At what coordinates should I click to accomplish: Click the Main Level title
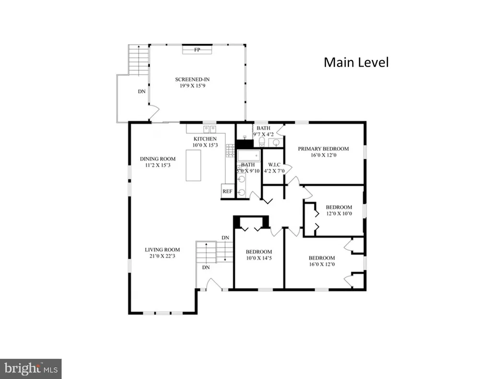pos(356,62)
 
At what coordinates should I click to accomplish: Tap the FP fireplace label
pos(197,50)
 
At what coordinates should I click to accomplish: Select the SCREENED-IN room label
pos(192,80)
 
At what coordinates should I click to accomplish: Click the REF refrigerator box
pos(227,191)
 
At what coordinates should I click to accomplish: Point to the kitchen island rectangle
pos(193,165)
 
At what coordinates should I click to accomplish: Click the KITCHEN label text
pos(205,139)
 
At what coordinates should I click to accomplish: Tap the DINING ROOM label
pos(158,159)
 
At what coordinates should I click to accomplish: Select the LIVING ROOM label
pos(162,250)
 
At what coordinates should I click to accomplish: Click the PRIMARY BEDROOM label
pos(323,149)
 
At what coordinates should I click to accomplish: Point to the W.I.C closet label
pos(274,165)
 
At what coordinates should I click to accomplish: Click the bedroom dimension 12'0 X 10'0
pos(339,214)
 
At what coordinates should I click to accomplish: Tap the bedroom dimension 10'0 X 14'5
pos(258,258)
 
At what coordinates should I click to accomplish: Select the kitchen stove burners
pos(231,150)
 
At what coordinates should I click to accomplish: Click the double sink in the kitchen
pos(210,129)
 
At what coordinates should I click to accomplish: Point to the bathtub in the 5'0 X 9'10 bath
pos(249,155)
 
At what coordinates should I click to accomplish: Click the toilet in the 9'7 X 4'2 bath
pos(262,142)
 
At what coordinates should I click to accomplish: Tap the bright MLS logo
pos(31,368)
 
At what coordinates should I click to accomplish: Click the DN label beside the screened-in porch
pos(142,92)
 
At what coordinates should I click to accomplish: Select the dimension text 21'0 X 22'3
pos(162,256)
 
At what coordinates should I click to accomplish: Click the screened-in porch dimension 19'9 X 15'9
pos(192,86)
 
